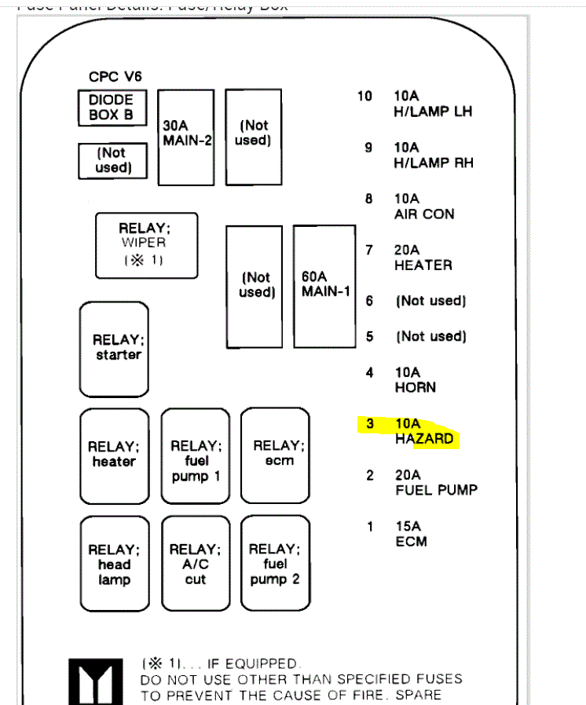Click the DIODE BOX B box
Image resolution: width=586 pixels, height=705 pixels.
pyautogui.click(x=112, y=108)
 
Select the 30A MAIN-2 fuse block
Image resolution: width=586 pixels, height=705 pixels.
pyautogui.click(x=186, y=137)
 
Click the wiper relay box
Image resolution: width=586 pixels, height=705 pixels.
pyautogui.click(x=145, y=245)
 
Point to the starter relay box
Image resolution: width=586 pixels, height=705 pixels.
pyautogui.click(x=114, y=349)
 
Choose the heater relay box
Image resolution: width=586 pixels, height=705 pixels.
pyautogui.click(x=114, y=455)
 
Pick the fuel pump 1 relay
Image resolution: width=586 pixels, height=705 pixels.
pyautogui.click(x=196, y=455)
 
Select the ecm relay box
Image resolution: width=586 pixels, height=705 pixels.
pyautogui.click(x=275, y=455)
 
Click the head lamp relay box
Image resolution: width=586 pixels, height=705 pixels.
pyautogui.click(x=114, y=564)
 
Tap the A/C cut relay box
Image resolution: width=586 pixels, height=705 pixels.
pyautogui.click(x=196, y=564)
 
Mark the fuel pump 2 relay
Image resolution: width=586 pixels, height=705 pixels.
pyautogui.click(x=275, y=564)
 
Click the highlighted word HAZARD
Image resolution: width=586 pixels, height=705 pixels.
pyautogui.click(x=424, y=439)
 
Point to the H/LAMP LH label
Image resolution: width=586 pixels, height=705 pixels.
pyautogui.click(x=433, y=111)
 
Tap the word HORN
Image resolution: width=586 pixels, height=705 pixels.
pyautogui.click(x=415, y=387)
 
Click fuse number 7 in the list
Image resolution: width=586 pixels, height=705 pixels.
pyautogui.click(x=369, y=250)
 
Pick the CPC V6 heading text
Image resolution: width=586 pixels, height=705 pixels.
pyautogui.click(x=115, y=78)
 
